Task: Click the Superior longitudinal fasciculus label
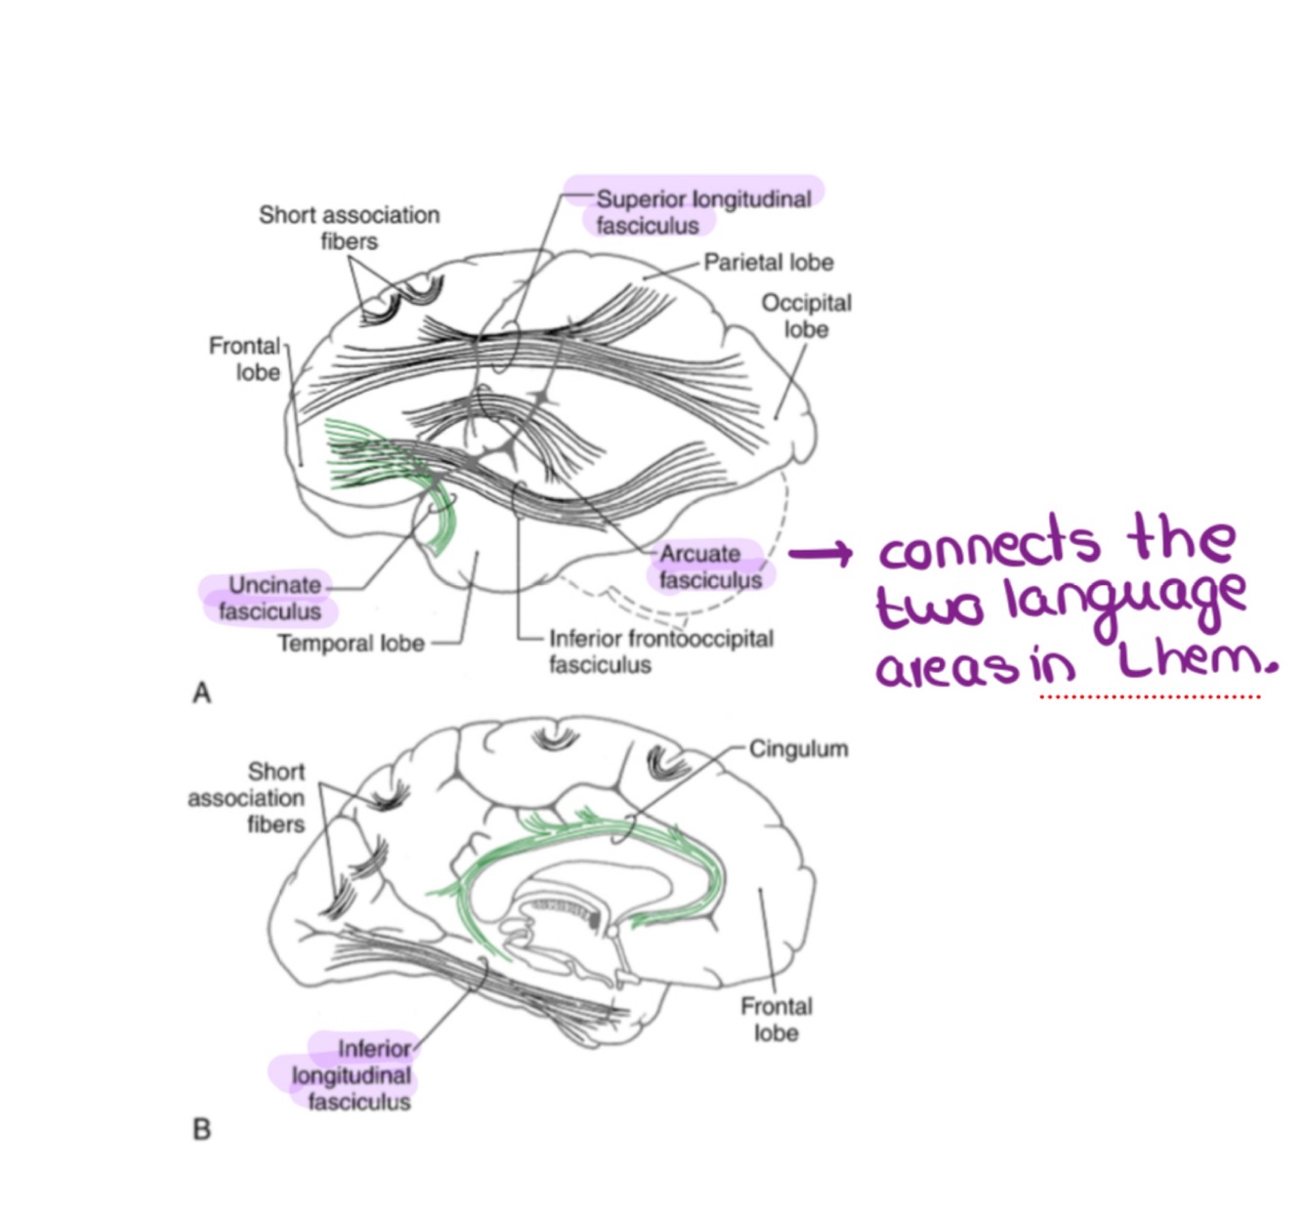(x=702, y=212)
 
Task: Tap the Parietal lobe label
(x=769, y=262)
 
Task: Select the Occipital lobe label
(x=806, y=315)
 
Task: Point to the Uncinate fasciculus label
(x=272, y=598)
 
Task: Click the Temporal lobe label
(x=351, y=644)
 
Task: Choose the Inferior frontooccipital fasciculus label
(x=660, y=651)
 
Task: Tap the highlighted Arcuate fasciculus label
(x=709, y=566)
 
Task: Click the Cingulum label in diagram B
(x=798, y=749)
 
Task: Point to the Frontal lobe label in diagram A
(x=245, y=358)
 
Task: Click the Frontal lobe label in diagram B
(x=776, y=1019)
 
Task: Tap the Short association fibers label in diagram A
(x=349, y=228)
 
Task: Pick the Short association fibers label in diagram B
(x=248, y=798)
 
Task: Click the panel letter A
(x=202, y=693)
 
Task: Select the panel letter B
(x=202, y=1129)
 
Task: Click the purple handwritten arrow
(x=820, y=555)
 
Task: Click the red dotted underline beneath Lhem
(x=1151, y=696)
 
